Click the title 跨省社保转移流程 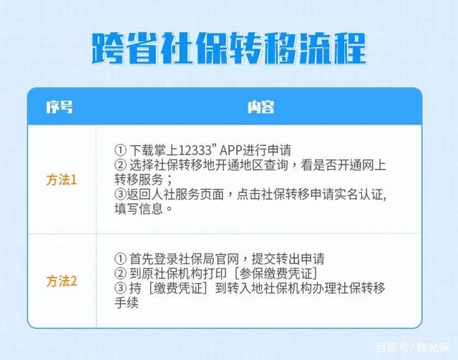[229, 48]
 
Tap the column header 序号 [59, 107]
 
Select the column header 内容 [260, 107]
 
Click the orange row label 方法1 [62, 180]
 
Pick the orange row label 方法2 [62, 281]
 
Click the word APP [231, 150]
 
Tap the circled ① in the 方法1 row [120, 150]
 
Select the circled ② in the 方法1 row [120, 165]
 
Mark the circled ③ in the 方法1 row [120, 195]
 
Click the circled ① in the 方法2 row [120, 259]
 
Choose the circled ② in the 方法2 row [120, 273]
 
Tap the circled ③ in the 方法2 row [120, 288]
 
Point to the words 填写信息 [139, 209]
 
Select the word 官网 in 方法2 [228, 259]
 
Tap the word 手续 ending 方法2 [127, 303]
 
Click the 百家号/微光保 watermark [413, 348]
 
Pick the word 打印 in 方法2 [215, 273]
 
